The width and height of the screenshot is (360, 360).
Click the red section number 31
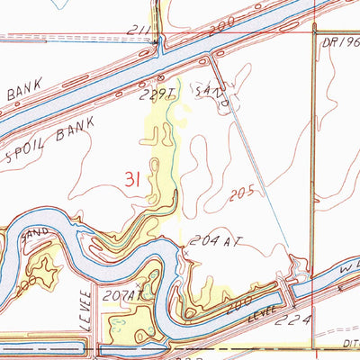(x=131, y=181)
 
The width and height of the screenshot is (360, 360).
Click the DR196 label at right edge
(x=340, y=40)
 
